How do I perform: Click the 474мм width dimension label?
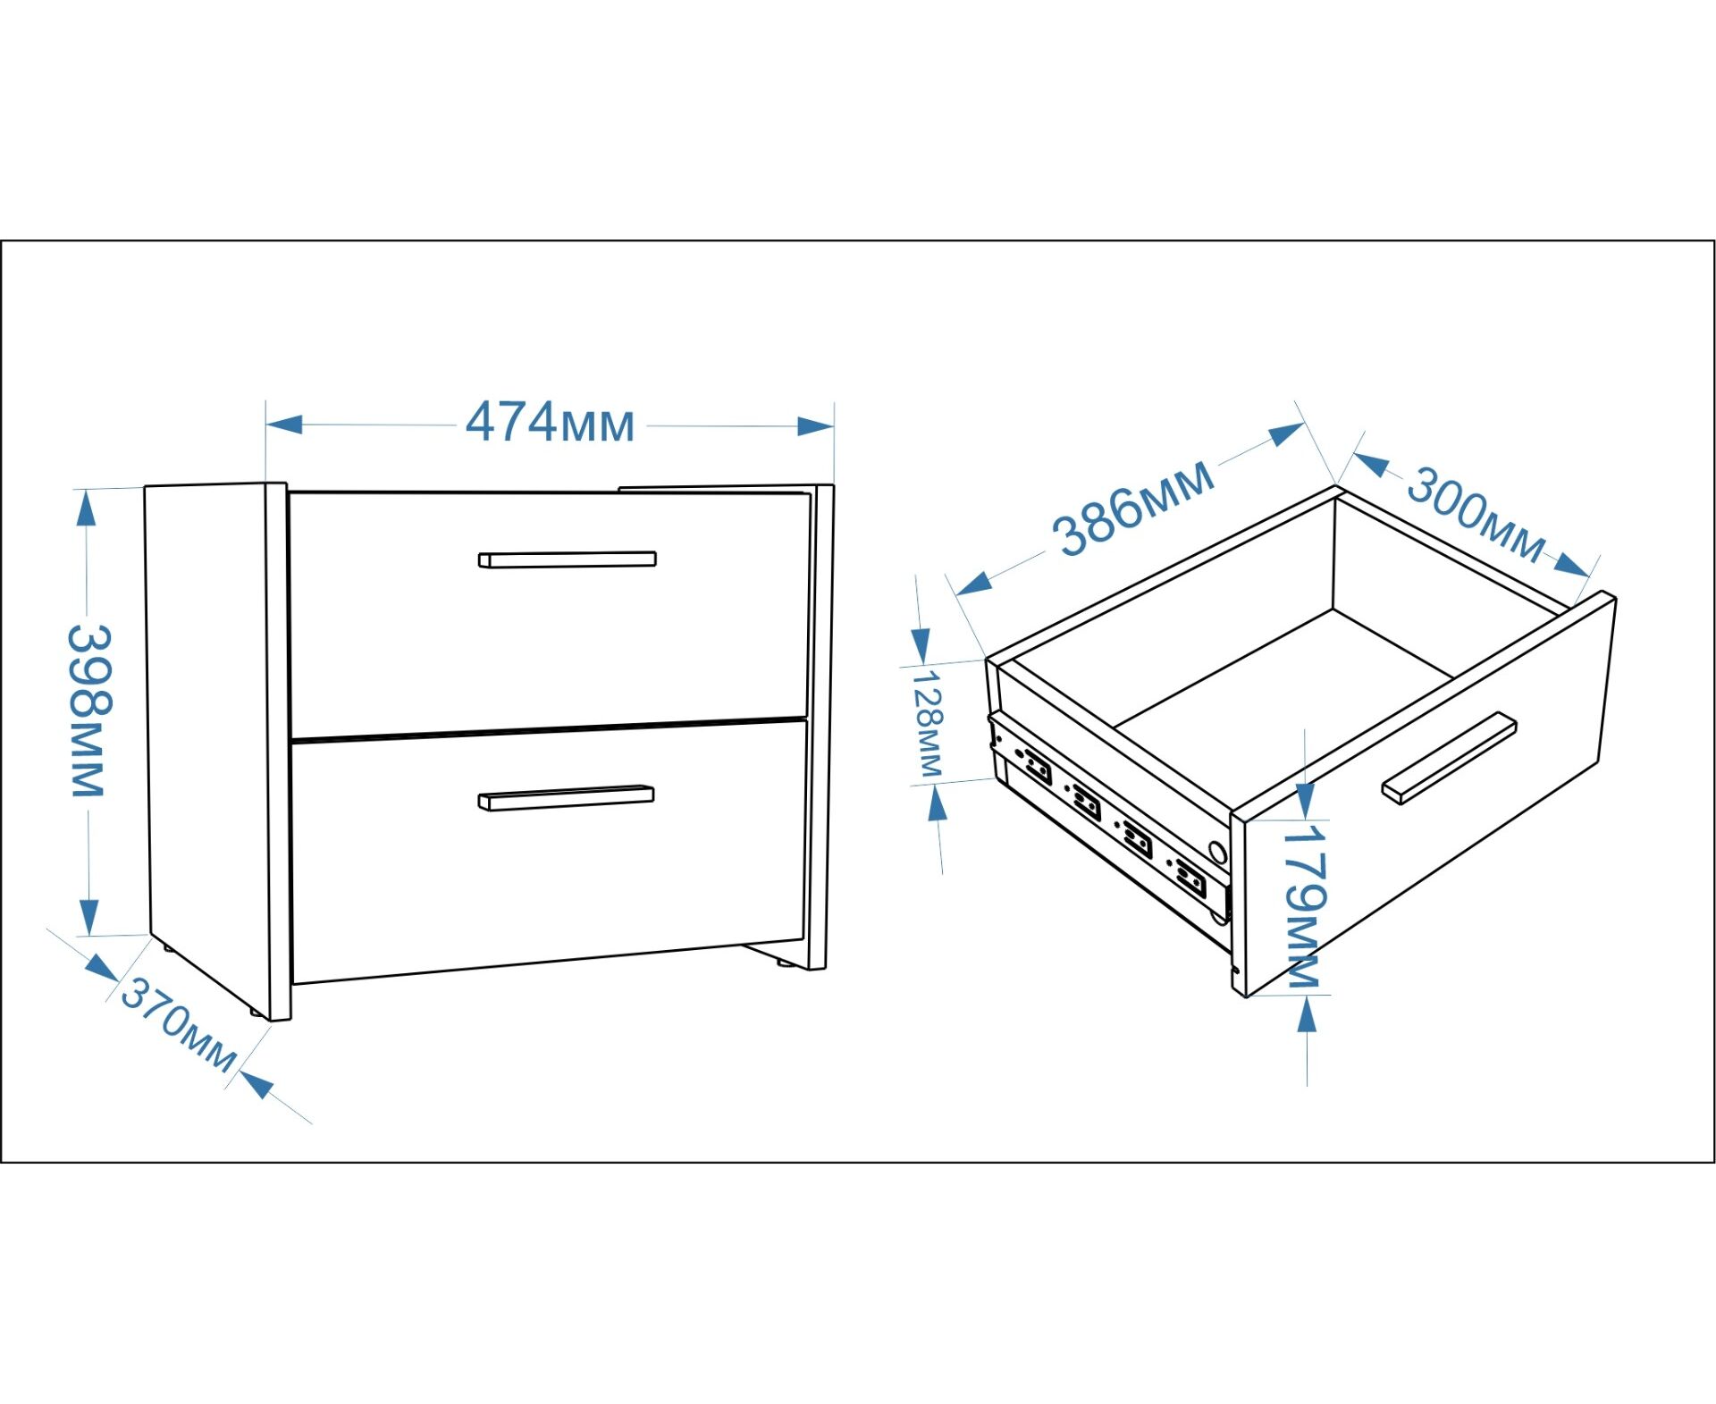(x=549, y=424)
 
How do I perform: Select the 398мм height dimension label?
(x=89, y=710)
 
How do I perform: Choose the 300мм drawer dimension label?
(x=1475, y=515)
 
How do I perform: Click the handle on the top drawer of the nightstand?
(x=567, y=559)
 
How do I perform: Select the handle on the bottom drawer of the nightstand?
(x=566, y=797)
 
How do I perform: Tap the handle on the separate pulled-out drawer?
(x=1449, y=758)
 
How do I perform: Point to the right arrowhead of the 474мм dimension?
(x=815, y=426)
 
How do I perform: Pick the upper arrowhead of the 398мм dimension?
(x=86, y=509)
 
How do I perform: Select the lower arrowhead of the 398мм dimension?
(x=88, y=915)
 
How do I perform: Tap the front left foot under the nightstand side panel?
(x=256, y=1013)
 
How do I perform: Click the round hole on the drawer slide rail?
(x=1216, y=852)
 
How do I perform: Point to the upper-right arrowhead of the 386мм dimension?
(x=1287, y=434)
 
